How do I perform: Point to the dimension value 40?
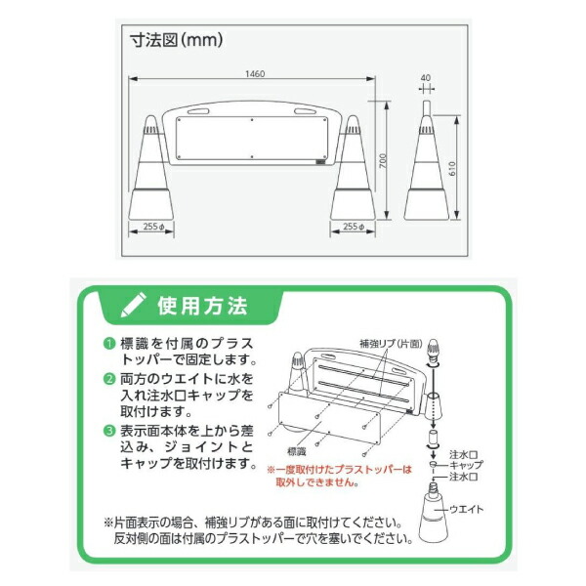tap(425, 77)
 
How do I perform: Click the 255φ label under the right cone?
tap(354, 227)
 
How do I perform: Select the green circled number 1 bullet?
tap(110, 343)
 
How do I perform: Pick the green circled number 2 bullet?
tap(110, 377)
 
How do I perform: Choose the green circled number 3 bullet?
tap(110, 429)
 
